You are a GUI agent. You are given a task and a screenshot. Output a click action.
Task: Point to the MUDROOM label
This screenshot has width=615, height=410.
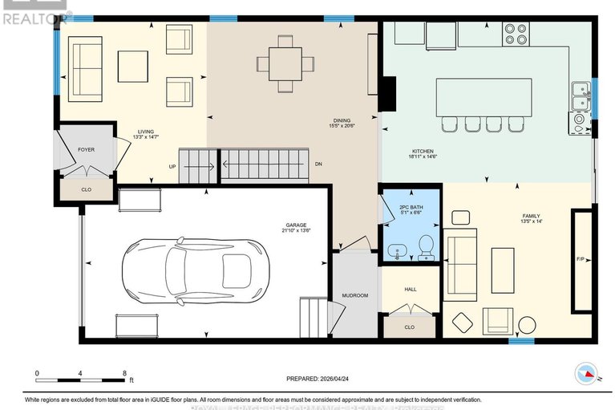(x=354, y=295)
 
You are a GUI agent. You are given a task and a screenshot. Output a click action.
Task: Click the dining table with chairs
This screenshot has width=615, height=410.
(x=285, y=63)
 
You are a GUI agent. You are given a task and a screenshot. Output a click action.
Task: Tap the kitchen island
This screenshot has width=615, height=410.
(x=481, y=98)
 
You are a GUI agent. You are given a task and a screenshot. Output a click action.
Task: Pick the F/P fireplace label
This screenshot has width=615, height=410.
(x=580, y=260)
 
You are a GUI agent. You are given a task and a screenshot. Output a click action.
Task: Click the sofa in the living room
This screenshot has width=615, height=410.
(x=84, y=66)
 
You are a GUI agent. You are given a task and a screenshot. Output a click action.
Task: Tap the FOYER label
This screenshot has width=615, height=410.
(x=86, y=149)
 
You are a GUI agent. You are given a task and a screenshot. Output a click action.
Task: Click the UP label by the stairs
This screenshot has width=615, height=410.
(x=172, y=167)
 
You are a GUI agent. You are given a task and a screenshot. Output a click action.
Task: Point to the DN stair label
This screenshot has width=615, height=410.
(x=318, y=164)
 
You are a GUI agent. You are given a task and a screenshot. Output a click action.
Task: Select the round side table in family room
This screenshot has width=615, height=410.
(x=526, y=325)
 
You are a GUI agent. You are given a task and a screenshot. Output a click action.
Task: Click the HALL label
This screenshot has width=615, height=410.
(x=410, y=289)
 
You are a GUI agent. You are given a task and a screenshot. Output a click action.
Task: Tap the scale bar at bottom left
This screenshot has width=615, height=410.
(x=80, y=377)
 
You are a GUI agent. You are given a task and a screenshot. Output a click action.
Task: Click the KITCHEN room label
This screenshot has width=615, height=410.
(x=423, y=152)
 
